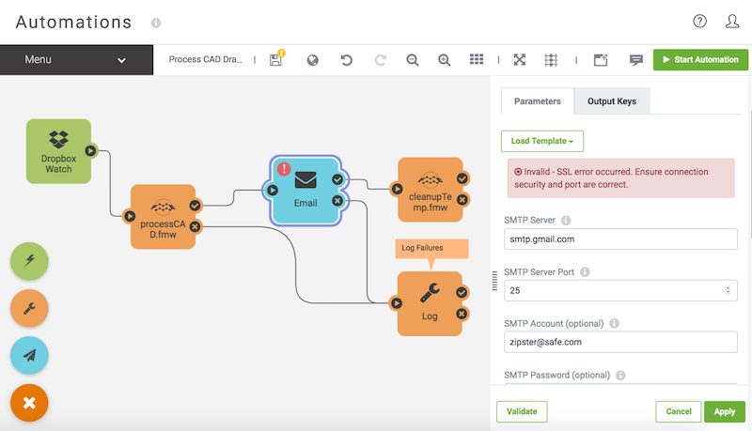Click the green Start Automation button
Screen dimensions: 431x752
700,60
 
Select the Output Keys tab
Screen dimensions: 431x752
612,101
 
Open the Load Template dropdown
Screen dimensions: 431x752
542,141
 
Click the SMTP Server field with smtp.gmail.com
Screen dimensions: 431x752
619,239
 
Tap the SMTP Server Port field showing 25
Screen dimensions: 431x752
619,290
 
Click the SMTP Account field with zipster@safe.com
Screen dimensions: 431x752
619,342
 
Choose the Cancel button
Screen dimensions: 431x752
678,411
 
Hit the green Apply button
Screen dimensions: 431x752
724,411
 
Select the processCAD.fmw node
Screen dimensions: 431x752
163,216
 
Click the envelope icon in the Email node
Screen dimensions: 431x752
305,178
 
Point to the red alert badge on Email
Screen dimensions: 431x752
283,169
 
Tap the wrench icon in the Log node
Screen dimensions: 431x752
430,294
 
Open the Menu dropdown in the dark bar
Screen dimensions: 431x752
75,60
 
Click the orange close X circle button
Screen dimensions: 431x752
29,403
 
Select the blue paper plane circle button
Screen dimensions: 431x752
29,355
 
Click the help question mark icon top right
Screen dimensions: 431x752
699,21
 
